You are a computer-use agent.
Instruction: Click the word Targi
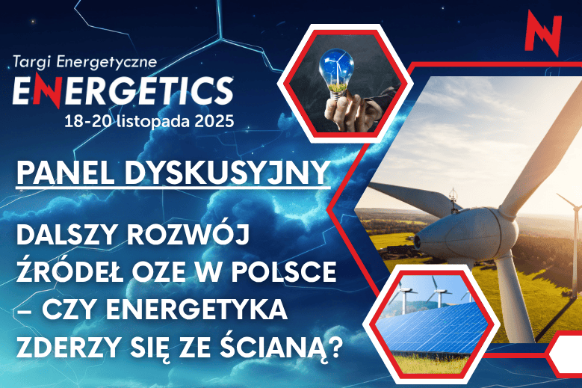point(33,60)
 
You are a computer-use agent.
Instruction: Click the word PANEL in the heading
point(58,173)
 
